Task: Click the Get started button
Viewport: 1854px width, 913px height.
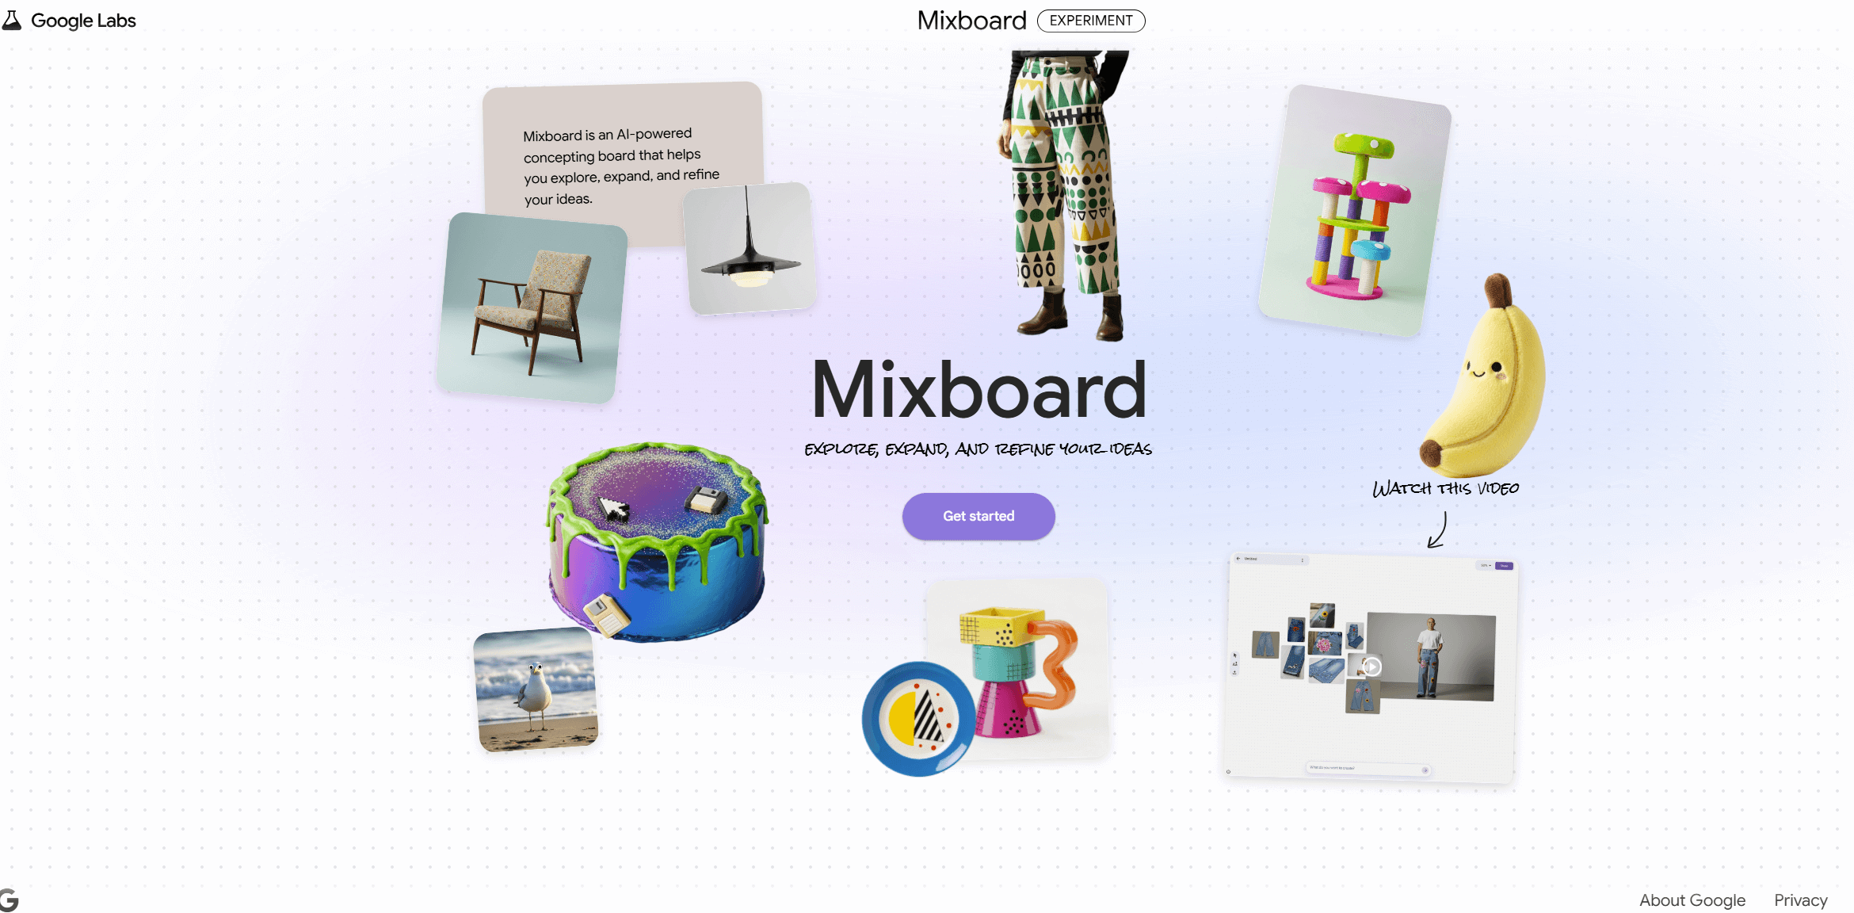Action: coord(978,516)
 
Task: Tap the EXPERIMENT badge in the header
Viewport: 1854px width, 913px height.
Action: coord(1090,21)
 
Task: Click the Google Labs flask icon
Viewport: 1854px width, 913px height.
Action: coord(11,20)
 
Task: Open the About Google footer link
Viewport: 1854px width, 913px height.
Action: coord(1692,900)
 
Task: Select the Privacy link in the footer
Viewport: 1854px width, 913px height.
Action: coord(1800,900)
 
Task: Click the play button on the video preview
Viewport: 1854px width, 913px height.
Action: coord(1371,667)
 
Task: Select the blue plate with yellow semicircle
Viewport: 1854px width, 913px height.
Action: coord(917,719)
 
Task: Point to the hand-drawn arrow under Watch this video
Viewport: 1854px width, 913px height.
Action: coord(1438,530)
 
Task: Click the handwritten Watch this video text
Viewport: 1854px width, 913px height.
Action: coord(1445,488)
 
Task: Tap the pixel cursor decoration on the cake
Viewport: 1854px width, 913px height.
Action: coord(613,508)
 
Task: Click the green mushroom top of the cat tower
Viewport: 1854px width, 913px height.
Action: coord(1364,145)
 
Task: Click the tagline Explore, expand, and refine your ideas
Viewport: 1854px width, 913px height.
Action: coord(978,449)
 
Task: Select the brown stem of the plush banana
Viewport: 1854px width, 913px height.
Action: coord(1497,290)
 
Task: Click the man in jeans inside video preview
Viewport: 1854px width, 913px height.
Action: coord(1428,658)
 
